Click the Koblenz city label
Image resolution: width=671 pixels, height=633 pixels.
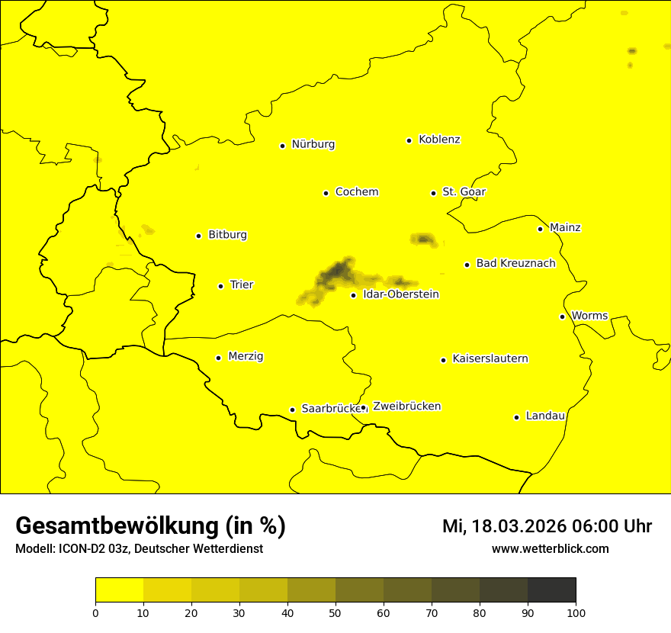point(439,140)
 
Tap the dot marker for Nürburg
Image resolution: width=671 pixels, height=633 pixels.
point(282,146)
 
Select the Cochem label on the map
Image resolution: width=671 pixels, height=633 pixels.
point(356,192)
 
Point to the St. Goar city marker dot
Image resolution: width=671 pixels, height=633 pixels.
point(433,194)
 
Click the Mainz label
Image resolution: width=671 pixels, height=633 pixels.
point(565,228)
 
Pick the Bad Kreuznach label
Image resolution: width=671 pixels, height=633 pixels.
point(515,264)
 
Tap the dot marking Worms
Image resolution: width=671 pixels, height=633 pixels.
point(562,316)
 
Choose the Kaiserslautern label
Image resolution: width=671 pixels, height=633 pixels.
point(490,359)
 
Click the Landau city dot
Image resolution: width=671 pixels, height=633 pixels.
point(516,417)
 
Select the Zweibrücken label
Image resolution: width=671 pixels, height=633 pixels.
point(406,406)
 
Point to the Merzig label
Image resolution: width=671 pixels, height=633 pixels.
point(246,357)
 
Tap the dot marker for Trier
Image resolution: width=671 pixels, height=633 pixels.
point(220,286)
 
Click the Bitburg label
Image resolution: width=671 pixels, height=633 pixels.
point(227,235)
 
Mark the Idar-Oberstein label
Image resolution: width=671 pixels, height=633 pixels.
point(401,294)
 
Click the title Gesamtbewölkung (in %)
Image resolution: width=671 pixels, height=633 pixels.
point(150,526)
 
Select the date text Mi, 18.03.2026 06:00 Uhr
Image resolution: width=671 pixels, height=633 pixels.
point(547,526)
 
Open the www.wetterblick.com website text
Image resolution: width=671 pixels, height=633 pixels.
point(550,549)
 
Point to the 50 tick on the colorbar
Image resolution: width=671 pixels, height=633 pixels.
point(335,612)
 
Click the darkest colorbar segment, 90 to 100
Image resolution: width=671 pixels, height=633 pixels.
point(551,590)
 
